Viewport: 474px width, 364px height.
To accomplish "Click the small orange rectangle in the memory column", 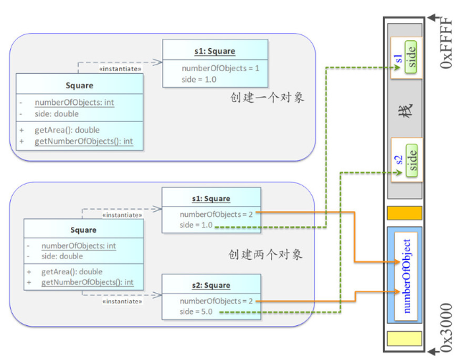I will pos(404,213).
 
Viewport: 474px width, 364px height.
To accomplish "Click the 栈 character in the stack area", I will pos(404,111).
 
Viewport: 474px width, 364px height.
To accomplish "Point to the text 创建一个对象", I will pos(267,97).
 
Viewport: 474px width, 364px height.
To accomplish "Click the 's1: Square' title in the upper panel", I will pos(215,51).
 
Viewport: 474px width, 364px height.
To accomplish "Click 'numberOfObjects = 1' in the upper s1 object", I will pos(220,68).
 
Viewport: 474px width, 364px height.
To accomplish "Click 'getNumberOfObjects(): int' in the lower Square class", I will pos(87,282).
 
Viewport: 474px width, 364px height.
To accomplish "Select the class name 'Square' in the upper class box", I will pos(79,85).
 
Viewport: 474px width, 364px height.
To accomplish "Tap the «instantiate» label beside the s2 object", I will pos(123,302).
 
